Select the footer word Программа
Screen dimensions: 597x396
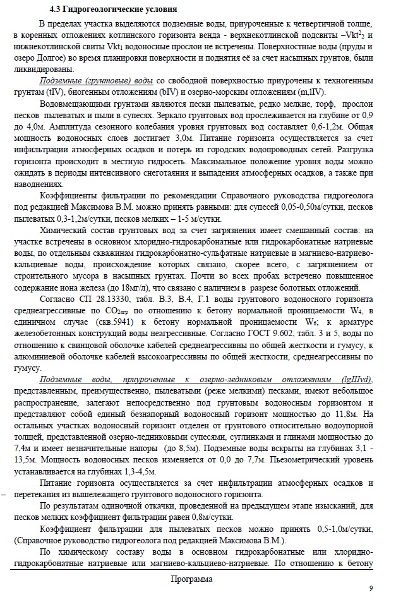coord(191,579)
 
